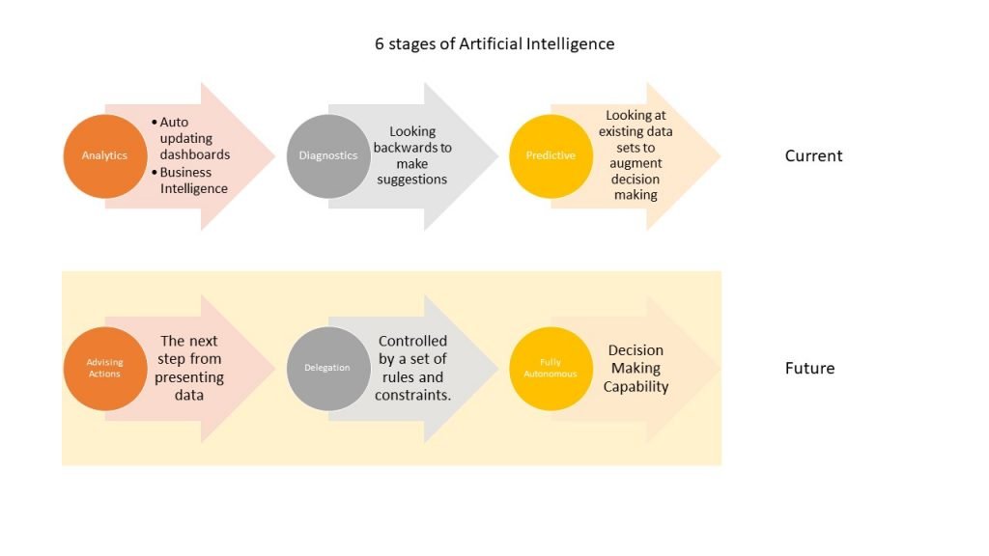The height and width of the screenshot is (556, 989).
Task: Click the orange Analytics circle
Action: [x=105, y=156]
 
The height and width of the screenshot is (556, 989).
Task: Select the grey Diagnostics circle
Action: [x=328, y=156]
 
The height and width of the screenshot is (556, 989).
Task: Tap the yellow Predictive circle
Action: [x=551, y=156]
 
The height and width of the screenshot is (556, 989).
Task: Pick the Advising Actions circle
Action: [x=105, y=369]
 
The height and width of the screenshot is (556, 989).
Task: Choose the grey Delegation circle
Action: [x=328, y=369]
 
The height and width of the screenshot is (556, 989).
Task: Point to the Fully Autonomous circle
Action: [x=551, y=369]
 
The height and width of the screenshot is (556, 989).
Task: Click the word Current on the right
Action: [x=813, y=155]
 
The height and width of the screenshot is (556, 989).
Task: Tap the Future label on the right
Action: [x=810, y=368]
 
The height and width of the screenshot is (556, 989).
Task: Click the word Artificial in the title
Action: [x=490, y=43]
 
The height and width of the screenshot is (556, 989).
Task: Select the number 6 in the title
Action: [x=379, y=44]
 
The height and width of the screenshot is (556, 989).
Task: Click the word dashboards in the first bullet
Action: [x=195, y=154]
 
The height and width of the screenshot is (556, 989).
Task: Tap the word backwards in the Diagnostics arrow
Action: [x=406, y=148]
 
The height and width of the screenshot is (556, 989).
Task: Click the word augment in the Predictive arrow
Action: [x=636, y=163]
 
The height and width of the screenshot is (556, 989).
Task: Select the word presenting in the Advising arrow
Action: [x=189, y=377]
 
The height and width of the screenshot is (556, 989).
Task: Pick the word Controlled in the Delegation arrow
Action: [x=412, y=341]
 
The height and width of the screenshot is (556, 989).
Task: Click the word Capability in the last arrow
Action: [x=636, y=386]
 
